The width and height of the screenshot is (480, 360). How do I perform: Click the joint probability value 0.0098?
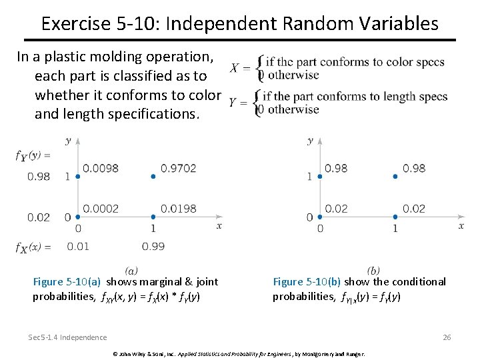(101, 168)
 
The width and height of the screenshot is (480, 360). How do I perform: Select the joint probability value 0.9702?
(179, 168)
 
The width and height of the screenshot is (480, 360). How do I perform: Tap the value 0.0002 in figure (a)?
(101, 209)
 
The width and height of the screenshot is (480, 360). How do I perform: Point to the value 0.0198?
(179, 209)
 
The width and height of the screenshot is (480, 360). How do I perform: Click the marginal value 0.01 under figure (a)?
(78, 247)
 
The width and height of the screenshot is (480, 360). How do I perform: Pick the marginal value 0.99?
(153, 247)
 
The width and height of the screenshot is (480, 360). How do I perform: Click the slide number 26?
(447, 337)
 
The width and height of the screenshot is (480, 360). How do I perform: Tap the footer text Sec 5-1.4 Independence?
(67, 337)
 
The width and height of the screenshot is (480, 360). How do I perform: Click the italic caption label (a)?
(131, 270)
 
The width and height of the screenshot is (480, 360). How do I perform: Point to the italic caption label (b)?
(373, 270)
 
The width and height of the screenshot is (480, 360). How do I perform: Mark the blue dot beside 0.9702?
(153, 176)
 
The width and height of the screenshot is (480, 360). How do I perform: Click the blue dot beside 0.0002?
(78, 217)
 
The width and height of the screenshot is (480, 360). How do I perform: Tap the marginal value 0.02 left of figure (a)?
(39, 217)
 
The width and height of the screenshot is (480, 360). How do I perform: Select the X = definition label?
(240, 68)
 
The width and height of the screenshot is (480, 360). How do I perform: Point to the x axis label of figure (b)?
(461, 226)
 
